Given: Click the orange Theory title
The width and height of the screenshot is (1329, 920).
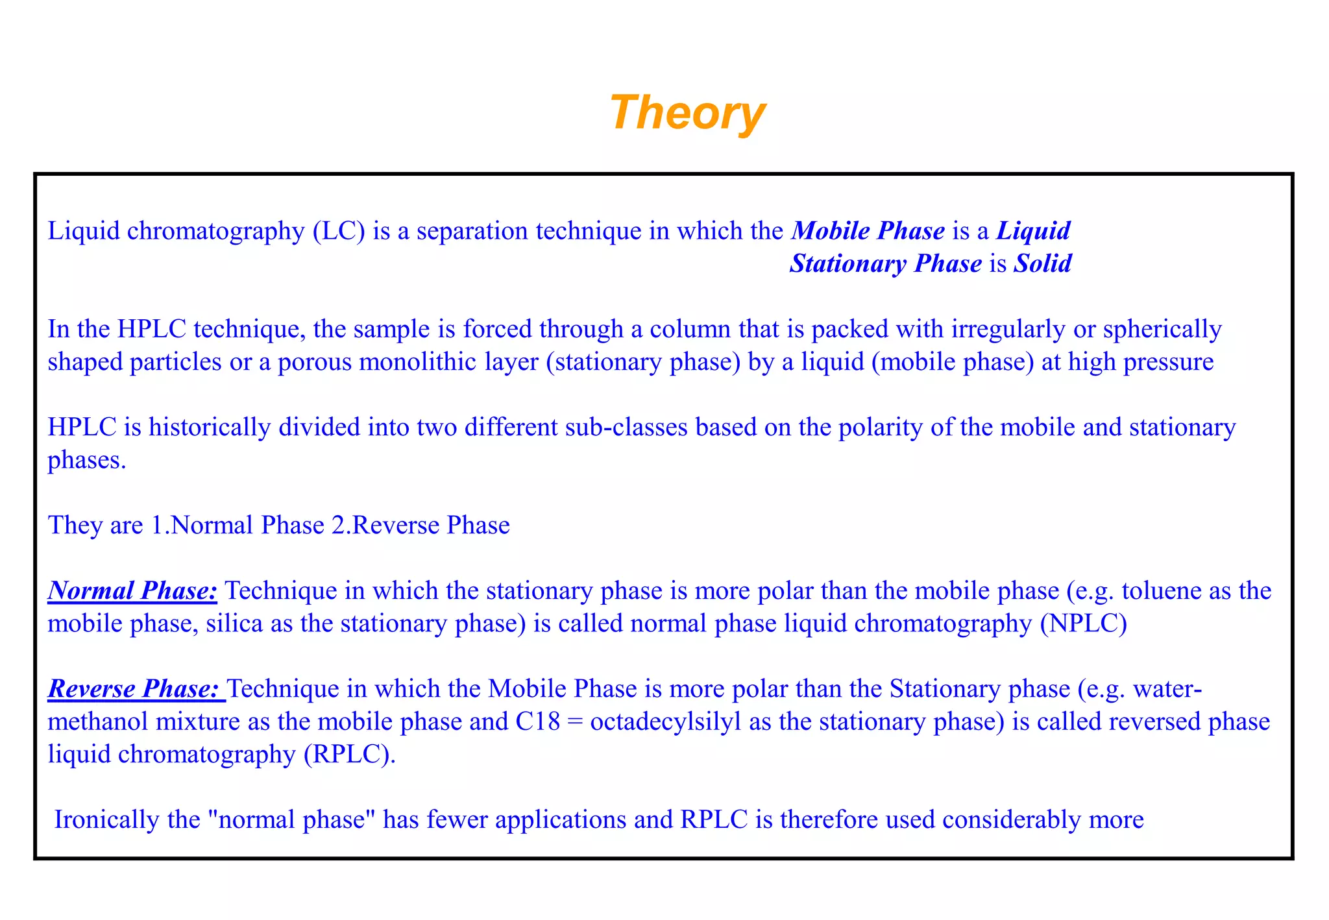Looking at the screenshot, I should pyautogui.click(x=687, y=113).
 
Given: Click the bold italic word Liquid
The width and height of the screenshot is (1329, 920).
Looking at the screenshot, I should pyautogui.click(x=1033, y=231).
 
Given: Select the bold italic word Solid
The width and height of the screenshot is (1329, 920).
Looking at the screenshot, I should pyautogui.click(x=1043, y=263).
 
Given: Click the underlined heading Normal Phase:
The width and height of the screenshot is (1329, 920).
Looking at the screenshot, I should pyautogui.click(x=132, y=590).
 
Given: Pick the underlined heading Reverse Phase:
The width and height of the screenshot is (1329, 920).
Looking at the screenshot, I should pyautogui.click(x=135, y=688).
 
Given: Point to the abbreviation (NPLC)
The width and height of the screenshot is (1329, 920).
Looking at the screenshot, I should pyautogui.click(x=1083, y=623).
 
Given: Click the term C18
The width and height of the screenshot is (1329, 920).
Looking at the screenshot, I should pyautogui.click(x=537, y=721).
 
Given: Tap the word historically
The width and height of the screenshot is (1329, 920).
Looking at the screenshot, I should pyautogui.click(x=209, y=427).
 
